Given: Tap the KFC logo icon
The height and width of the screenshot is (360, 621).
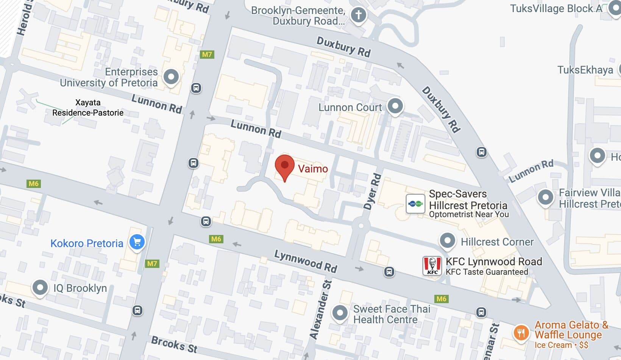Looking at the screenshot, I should click(432, 265).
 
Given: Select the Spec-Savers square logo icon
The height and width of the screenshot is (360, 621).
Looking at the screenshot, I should click(415, 204).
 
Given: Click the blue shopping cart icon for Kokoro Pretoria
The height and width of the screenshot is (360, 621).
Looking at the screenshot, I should click(137, 242).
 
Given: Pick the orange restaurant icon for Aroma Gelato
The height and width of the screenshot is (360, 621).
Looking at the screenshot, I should click(521, 333).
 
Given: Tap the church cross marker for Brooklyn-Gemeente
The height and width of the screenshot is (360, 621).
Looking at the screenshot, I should click(358, 15).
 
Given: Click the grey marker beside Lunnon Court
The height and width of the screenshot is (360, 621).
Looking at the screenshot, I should click(395, 106).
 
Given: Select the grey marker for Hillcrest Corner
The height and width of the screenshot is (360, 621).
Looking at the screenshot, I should click(447, 240).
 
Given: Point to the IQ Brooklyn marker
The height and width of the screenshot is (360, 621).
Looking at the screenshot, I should click(40, 287).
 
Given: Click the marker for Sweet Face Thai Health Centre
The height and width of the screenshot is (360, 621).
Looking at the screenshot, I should click(340, 313).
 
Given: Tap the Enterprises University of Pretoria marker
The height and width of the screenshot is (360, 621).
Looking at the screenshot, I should click(171, 77).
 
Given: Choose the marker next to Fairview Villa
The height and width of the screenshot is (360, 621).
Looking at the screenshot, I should click(546, 197).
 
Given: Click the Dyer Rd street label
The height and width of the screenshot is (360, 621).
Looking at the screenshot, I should click(373, 191).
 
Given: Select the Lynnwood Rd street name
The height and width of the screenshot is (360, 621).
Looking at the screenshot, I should click(306, 261).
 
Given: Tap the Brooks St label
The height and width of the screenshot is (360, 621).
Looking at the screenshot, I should click(174, 344).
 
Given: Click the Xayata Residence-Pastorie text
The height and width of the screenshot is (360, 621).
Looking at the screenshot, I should click(88, 108).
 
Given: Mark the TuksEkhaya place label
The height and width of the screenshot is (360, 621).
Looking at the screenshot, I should click(585, 70).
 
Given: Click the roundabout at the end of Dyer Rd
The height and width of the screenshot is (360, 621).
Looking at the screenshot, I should click(360, 226).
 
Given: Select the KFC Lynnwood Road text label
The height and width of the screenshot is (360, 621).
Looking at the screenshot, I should click(494, 261).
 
